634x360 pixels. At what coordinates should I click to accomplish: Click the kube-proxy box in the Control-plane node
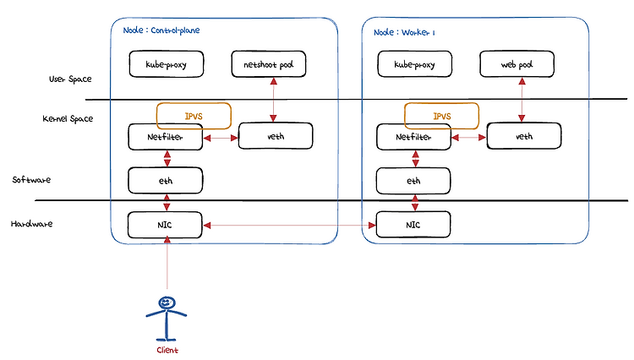click(167, 64)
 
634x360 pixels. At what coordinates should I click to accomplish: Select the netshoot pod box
click(269, 64)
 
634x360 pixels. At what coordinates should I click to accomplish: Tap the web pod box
click(516, 64)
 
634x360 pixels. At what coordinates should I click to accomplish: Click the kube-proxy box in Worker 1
click(414, 64)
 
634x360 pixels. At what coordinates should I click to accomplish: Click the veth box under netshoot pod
click(276, 136)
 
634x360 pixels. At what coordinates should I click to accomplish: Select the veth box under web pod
click(524, 136)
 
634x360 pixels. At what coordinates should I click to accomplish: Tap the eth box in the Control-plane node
click(166, 180)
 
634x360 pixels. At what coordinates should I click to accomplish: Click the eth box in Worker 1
click(413, 180)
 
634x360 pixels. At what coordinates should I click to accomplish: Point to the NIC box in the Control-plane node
click(165, 225)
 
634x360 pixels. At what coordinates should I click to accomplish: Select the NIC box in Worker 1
click(413, 225)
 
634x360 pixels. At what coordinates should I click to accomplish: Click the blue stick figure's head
click(167, 303)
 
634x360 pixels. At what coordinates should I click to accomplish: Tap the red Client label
click(167, 350)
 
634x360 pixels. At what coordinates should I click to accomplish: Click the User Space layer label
click(70, 79)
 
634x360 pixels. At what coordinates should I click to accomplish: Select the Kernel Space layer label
click(68, 118)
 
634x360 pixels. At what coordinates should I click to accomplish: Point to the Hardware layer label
click(31, 223)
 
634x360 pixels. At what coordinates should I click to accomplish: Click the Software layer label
click(31, 179)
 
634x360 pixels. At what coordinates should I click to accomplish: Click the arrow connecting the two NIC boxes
click(289, 225)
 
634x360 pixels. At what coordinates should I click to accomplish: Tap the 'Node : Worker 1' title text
click(404, 32)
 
